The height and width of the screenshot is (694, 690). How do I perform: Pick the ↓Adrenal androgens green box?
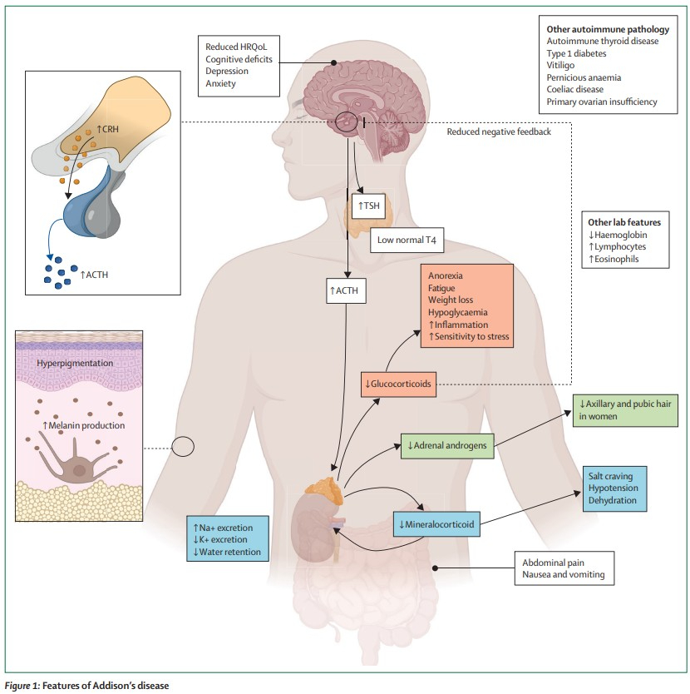coord(447,446)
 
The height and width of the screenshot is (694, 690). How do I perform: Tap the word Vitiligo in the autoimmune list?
coord(562,65)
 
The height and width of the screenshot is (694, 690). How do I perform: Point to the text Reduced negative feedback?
coord(499,131)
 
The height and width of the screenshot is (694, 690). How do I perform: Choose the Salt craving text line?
coord(609,475)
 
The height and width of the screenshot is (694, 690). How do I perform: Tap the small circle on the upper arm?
coord(183,447)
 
